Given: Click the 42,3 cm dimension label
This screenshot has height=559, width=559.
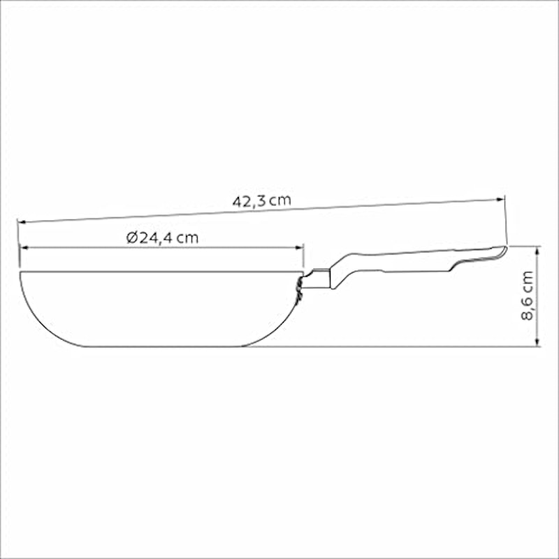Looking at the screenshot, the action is point(261,201).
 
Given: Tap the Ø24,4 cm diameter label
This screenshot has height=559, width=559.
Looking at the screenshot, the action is point(162,238).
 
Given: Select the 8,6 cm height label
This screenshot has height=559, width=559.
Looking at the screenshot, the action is point(528,296).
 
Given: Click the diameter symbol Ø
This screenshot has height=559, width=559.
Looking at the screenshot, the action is point(132,238).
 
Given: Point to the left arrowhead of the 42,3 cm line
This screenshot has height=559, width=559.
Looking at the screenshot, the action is point(22,222).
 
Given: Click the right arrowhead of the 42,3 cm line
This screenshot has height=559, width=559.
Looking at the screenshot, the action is point(501,200).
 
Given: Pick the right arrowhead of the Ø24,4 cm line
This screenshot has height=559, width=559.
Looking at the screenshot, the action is point(300,247).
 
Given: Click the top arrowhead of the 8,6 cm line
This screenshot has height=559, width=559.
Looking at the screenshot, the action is point(537,250).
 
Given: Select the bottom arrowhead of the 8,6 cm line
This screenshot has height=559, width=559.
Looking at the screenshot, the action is point(537,342).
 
